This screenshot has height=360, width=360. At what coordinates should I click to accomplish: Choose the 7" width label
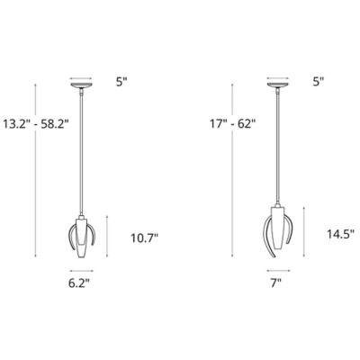275,282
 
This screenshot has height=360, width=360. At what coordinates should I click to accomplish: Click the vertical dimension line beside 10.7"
108,238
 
